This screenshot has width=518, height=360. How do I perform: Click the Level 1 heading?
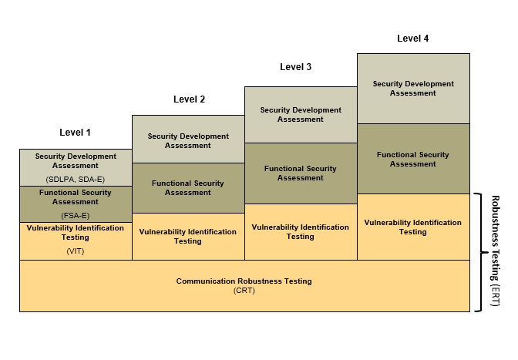pyautogui.click(x=76, y=133)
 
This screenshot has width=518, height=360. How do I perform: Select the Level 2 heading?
pyautogui.click(x=189, y=99)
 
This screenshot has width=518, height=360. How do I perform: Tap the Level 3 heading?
pyautogui.click(x=295, y=67)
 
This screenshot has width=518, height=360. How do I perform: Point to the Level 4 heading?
pyautogui.click(x=412, y=38)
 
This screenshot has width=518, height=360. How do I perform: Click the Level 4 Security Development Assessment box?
pyautogui.click(x=413, y=88)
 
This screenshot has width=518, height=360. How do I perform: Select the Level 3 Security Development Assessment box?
pyautogui.click(x=301, y=114)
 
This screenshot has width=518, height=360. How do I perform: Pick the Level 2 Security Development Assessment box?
pyautogui.click(x=188, y=140)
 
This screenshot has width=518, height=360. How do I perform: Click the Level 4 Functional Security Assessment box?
pyautogui.click(x=413, y=159)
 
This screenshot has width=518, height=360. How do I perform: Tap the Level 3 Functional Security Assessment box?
pyautogui.click(x=301, y=173)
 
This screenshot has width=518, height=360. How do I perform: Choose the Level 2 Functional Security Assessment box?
pyautogui.click(x=188, y=187)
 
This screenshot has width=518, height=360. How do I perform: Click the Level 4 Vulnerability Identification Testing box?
pyautogui.click(x=413, y=227)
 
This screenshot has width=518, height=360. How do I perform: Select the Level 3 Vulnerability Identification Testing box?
pyautogui.click(x=301, y=231)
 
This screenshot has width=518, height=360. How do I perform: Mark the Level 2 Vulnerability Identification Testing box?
pyautogui.click(x=188, y=236)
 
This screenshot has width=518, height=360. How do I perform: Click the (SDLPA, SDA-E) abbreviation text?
pyautogui.click(x=76, y=179)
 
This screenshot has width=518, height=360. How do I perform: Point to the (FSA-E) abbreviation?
pyautogui.click(x=76, y=215)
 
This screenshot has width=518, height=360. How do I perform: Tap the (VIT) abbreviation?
pyautogui.click(x=76, y=251)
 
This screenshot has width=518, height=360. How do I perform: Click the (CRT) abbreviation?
pyautogui.click(x=244, y=291)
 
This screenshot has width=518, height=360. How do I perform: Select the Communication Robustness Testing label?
pyautogui.click(x=244, y=281)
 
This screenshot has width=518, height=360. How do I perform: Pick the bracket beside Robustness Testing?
pyautogui.click(x=479, y=252)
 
